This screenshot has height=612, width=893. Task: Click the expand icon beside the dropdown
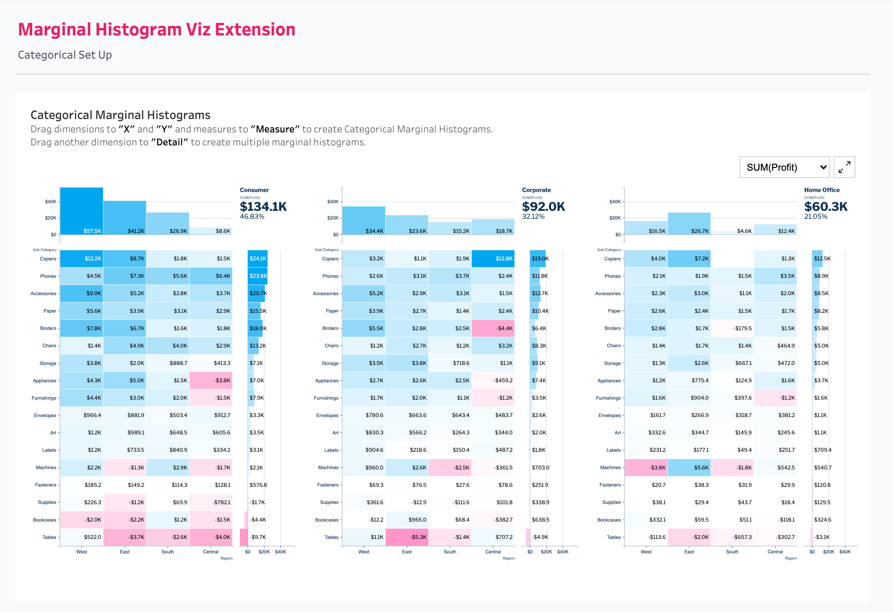click(x=844, y=167)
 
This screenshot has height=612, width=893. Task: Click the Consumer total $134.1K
click(x=263, y=207)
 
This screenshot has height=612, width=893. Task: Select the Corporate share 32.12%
click(x=533, y=217)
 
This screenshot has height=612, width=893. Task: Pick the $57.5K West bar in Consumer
click(x=81, y=211)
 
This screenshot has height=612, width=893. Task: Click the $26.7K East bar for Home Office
click(x=689, y=224)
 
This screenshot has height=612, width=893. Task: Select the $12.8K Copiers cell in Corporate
click(x=493, y=259)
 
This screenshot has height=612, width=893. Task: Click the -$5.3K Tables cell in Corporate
click(x=407, y=537)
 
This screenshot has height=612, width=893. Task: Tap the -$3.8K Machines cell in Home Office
click(x=646, y=468)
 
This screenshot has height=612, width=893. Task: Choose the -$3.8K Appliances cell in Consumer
click(x=211, y=381)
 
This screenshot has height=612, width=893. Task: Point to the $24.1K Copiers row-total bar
click(x=258, y=259)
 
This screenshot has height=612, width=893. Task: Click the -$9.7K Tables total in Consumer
click(x=258, y=537)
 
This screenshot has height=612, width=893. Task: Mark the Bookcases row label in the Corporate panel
click(x=327, y=520)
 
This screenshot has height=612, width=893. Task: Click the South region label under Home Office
click(x=732, y=552)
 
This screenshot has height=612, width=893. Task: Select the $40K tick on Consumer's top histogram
click(x=50, y=202)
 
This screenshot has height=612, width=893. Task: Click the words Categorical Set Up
click(x=65, y=55)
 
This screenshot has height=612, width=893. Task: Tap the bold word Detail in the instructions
click(x=169, y=143)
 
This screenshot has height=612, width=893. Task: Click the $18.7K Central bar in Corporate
click(x=493, y=227)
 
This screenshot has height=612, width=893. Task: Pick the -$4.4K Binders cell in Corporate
click(x=493, y=328)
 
